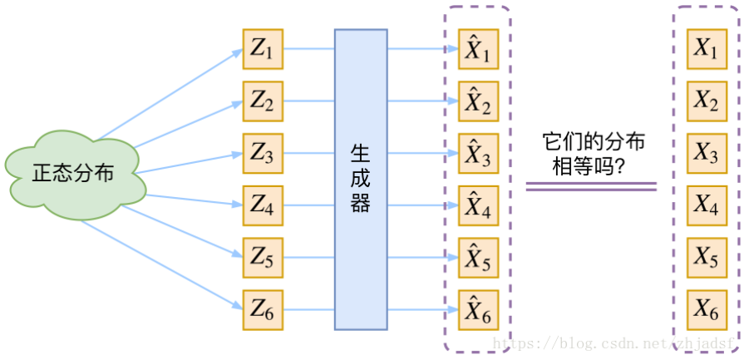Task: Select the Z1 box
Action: coord(262,50)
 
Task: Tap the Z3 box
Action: coord(262,154)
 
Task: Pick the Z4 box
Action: coord(262,205)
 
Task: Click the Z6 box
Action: coord(262,309)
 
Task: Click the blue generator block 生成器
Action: coord(361,180)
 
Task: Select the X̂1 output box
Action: coord(478,50)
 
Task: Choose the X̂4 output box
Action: coord(478,205)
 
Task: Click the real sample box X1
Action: coord(707,50)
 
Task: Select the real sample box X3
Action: coord(707,154)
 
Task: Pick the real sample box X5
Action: coord(707,258)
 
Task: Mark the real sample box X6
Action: coord(707,309)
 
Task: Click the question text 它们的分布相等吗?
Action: coord(592,155)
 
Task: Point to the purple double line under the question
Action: coord(591,187)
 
